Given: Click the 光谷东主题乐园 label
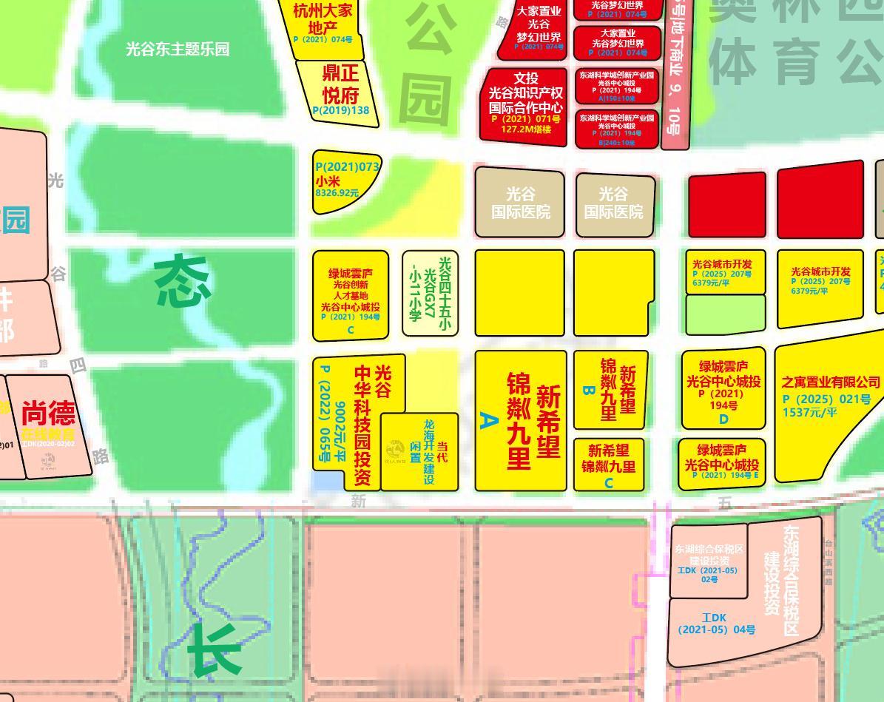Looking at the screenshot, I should [x=178, y=50].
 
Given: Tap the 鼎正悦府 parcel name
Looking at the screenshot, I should [x=340, y=84].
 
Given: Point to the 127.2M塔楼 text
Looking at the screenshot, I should [x=525, y=129].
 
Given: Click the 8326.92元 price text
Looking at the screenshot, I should [x=337, y=193].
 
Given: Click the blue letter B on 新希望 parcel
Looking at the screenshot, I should [x=588, y=390].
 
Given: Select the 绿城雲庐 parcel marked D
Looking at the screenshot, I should [x=723, y=388].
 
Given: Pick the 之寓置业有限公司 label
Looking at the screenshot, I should [x=831, y=382].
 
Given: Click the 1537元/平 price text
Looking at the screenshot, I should [x=810, y=412].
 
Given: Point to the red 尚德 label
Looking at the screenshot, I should [x=48, y=413].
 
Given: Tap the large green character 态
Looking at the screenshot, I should [x=182, y=282].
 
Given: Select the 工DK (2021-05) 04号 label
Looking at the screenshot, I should [x=716, y=624].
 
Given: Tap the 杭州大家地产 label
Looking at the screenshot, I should [x=323, y=19].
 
